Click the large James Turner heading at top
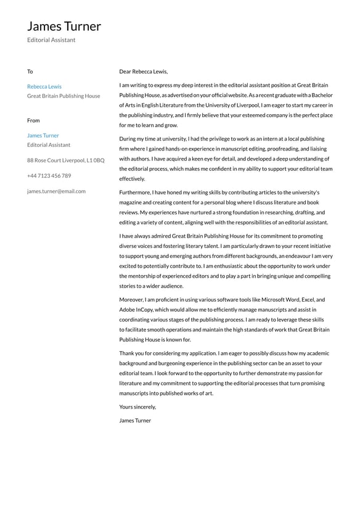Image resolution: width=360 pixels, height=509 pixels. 64,26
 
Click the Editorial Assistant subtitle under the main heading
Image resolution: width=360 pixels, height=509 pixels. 51,40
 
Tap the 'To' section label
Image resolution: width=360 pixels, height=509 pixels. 30,72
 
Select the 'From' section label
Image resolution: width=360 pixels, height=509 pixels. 33,120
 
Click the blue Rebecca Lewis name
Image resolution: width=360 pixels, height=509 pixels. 44,86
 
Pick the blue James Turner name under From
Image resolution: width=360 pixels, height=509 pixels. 43,135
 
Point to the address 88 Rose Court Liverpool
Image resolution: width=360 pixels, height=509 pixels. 65,160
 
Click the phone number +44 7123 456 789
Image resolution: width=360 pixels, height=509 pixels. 49,175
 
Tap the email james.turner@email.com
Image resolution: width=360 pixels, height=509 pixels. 56,191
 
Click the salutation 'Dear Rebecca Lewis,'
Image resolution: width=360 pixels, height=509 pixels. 143,72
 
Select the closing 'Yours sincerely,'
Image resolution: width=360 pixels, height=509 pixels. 137,407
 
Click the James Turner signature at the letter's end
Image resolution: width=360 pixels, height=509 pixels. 135,420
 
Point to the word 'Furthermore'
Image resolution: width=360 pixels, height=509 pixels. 135,192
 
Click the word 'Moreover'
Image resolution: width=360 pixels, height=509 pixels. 132,299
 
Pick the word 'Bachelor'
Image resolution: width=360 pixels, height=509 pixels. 321,96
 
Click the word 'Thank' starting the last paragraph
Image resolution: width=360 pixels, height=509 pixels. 127,354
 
